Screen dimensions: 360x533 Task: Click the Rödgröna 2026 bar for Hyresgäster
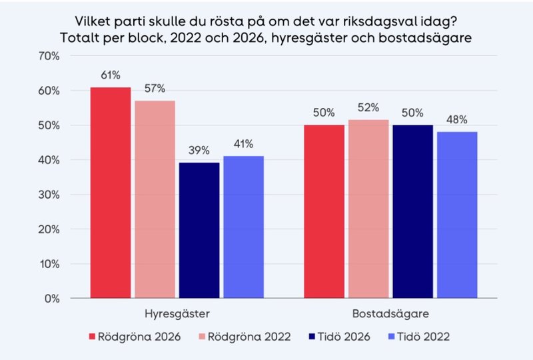(x=111, y=193)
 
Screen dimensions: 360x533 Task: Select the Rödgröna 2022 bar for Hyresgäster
(x=155, y=199)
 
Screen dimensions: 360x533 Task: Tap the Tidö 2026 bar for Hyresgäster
(x=199, y=230)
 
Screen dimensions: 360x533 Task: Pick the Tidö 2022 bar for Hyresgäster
(x=243, y=227)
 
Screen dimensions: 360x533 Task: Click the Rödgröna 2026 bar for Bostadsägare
(x=324, y=211)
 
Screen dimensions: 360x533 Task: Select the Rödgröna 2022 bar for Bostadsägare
(x=368, y=209)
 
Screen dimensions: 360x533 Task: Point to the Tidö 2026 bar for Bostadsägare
(x=412, y=211)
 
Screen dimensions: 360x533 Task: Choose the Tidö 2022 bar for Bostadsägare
(x=457, y=215)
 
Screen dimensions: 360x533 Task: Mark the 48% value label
(x=457, y=120)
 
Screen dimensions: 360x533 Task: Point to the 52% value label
(x=368, y=107)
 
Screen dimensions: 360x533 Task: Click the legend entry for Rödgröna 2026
(x=133, y=337)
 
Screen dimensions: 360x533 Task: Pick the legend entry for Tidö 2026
(x=336, y=337)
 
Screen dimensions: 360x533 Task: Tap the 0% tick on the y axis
(x=52, y=298)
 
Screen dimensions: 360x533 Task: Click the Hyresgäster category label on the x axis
(x=177, y=313)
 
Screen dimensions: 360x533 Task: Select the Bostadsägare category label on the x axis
(x=390, y=313)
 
